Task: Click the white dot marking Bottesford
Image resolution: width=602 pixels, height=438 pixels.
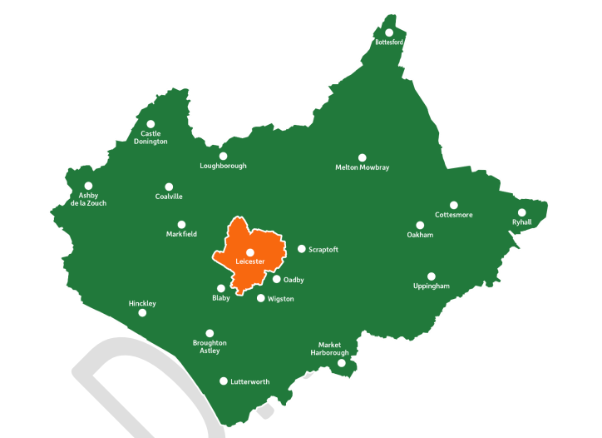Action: [389, 32]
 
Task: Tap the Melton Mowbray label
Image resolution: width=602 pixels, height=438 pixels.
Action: [362, 167]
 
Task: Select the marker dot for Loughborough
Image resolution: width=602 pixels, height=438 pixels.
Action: [223, 156]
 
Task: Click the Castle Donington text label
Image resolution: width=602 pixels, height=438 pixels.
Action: [150, 137]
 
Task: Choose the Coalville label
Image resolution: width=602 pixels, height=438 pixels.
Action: [169, 197]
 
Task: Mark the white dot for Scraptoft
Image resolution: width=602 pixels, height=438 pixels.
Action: [302, 249]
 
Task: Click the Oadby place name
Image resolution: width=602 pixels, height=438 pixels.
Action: [294, 280]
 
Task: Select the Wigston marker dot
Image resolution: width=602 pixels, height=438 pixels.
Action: [261, 298]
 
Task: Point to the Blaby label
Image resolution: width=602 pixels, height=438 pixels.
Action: [220, 298]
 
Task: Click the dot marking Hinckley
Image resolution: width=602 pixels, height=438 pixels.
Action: [142, 313]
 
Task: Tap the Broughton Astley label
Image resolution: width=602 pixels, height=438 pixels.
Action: [210, 346]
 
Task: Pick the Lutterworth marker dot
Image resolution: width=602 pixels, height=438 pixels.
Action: [223, 381]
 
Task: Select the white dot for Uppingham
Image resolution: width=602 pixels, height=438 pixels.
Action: [431, 276]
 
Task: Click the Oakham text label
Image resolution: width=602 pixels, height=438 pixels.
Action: [420, 235]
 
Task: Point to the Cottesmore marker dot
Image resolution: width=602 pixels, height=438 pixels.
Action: [454, 205]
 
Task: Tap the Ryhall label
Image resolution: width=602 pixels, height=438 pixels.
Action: [521, 221]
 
